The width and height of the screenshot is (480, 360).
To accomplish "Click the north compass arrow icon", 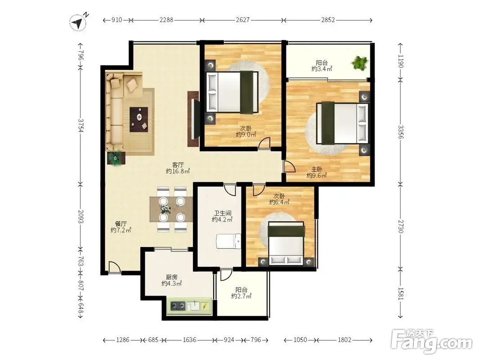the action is point(78,22).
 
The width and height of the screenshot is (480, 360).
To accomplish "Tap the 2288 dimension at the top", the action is point(166,20).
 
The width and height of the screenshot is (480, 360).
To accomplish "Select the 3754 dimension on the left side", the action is point(81,125).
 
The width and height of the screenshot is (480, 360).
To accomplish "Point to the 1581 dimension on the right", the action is point(401,293).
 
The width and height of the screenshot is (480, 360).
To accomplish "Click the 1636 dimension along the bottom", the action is point(189,340).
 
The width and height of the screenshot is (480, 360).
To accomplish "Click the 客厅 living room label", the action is point(178,165).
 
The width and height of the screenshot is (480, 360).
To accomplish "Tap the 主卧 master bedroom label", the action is point(317,169).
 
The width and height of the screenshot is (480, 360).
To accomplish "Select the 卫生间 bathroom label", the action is point(223,213).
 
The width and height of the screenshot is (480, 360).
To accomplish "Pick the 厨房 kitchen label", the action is point(172,277).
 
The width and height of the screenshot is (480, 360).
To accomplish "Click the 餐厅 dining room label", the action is point(121,224).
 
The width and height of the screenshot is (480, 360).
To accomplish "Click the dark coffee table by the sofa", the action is point(139,120).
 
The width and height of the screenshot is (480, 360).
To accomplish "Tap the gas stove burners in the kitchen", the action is point(178,306).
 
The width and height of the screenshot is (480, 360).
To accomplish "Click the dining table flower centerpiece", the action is point(166,209).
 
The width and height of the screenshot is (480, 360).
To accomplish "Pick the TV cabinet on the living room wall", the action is point(193,119).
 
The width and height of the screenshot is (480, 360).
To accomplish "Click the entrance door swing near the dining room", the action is point(115,267).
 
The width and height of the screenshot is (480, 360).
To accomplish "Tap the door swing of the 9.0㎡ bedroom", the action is point(264,143).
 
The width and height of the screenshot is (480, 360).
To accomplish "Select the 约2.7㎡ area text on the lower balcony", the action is point(241,296).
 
